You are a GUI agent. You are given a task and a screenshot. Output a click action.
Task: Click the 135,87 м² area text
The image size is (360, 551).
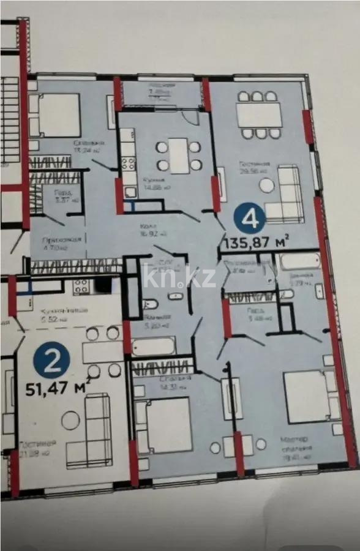pyautogui.click(x=257, y=242)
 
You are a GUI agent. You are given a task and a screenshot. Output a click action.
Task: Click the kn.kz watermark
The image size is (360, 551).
pyautogui.click(x=179, y=277)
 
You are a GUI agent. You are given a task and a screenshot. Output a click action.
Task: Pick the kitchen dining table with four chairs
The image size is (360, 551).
pyautogui.click(x=179, y=156)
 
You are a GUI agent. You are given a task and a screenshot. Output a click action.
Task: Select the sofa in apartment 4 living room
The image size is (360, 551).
pyautogui.click(x=286, y=194)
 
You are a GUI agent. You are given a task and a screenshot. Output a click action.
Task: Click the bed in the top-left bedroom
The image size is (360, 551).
pyautogui.click(x=57, y=115)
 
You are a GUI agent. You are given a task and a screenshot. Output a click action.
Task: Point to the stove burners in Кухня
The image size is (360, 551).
pyautogui.click(x=129, y=163)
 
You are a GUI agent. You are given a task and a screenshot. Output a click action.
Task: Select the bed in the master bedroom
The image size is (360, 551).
pyautogui.click(x=310, y=396)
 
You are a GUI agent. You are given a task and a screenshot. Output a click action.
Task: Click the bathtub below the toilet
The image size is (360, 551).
pyautogui.click(x=152, y=346)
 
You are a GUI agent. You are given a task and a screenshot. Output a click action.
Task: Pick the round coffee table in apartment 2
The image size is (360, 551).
pyautogui.click(x=70, y=420)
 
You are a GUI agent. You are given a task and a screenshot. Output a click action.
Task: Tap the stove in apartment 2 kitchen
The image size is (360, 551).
pyautogui.click(x=80, y=285)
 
